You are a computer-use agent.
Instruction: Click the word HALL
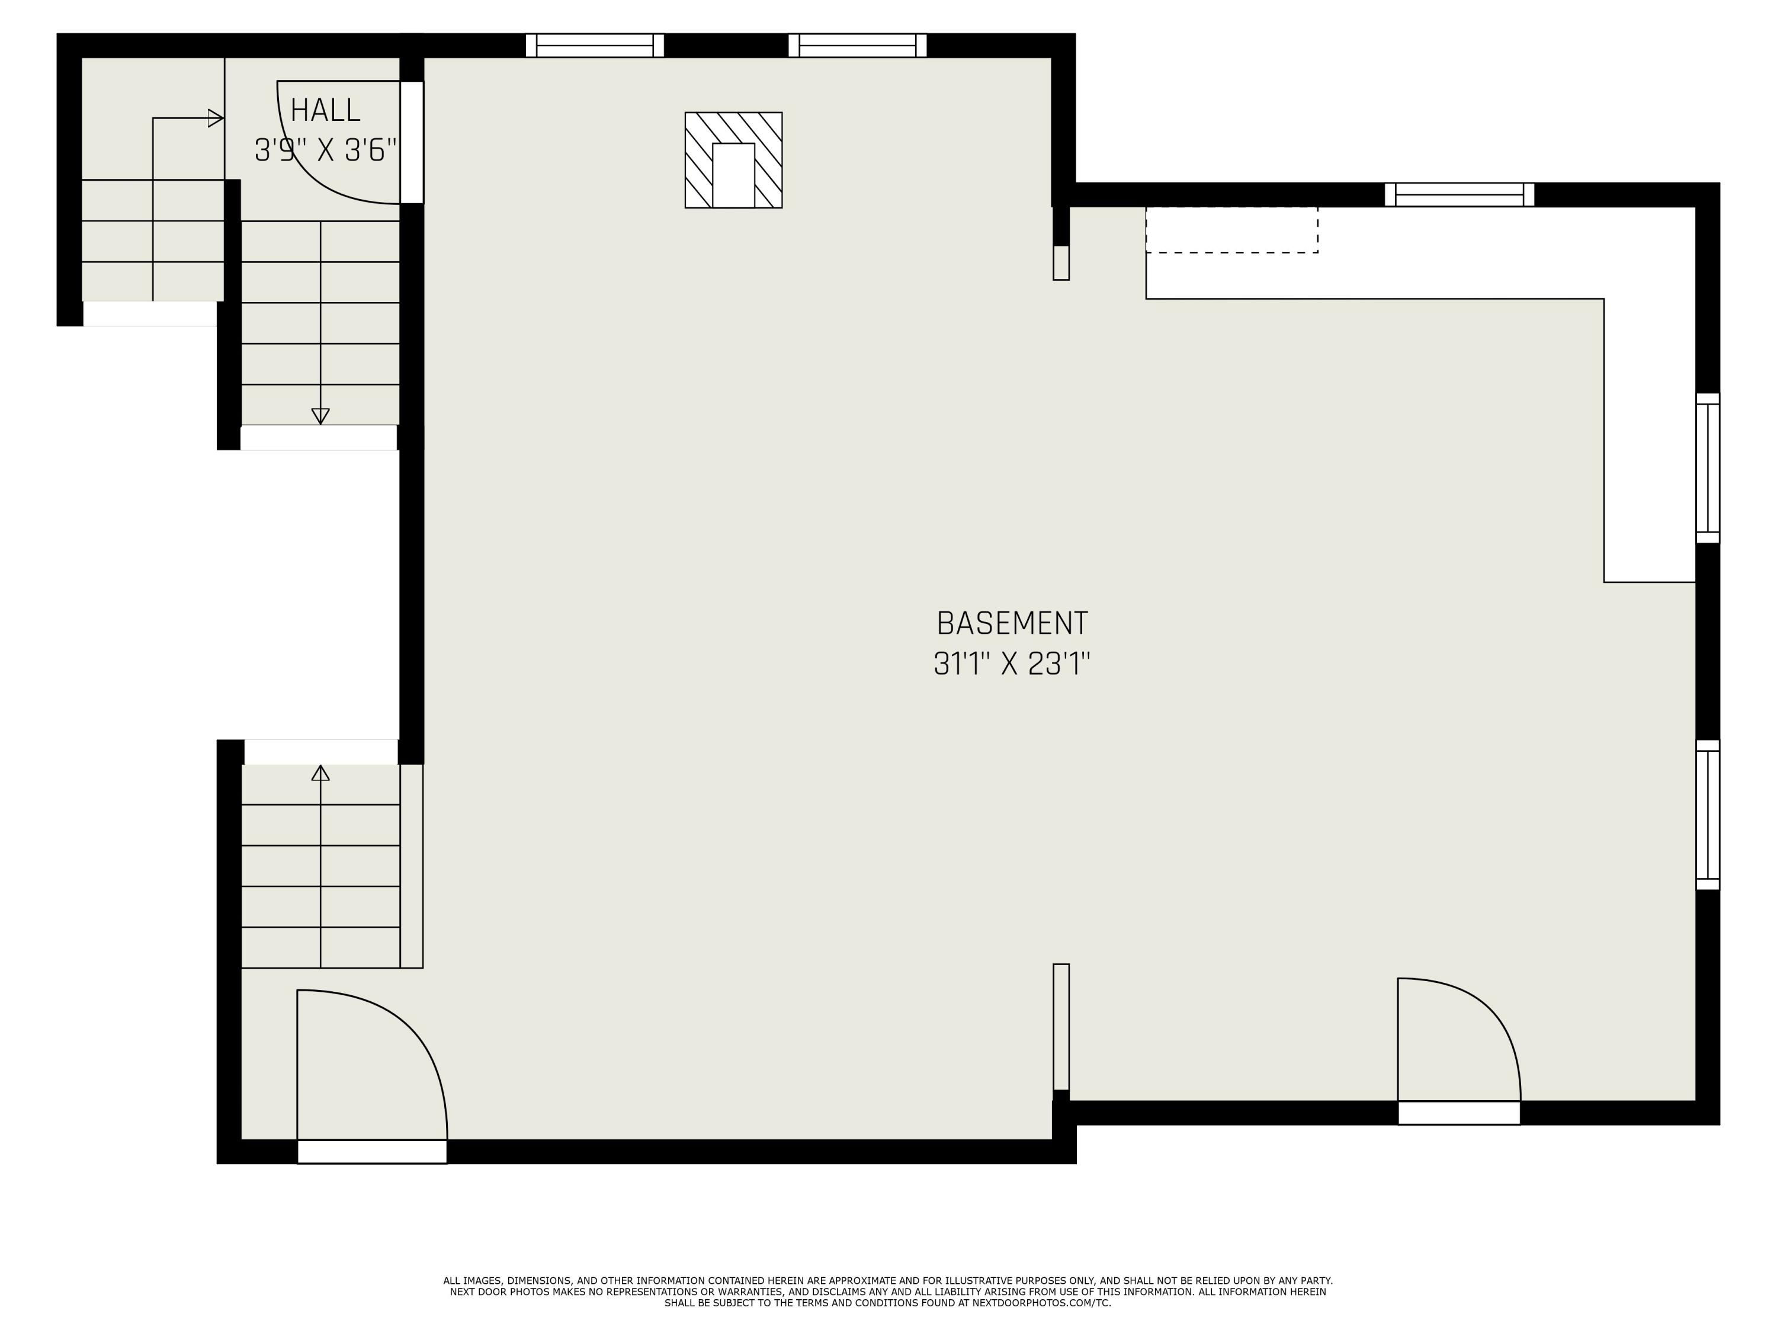pos(325,110)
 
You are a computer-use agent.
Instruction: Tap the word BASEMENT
pos(1012,623)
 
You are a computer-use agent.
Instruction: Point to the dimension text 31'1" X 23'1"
pos(1012,664)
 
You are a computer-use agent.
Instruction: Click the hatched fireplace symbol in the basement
pos(733,160)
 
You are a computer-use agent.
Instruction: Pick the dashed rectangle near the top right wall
pos(1231,230)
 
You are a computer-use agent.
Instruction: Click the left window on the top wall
pos(595,46)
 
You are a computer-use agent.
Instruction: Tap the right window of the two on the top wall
pos(857,46)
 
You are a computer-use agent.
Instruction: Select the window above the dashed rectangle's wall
pos(1459,194)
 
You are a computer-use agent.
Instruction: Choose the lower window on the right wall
pos(1707,815)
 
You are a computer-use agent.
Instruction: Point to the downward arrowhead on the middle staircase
pos(320,416)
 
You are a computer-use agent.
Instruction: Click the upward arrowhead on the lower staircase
pos(320,773)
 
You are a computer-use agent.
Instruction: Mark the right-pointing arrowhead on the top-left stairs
pos(215,118)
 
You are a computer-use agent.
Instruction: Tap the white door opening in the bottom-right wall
pos(1459,1113)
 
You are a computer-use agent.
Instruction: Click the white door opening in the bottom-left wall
pos(372,1151)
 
